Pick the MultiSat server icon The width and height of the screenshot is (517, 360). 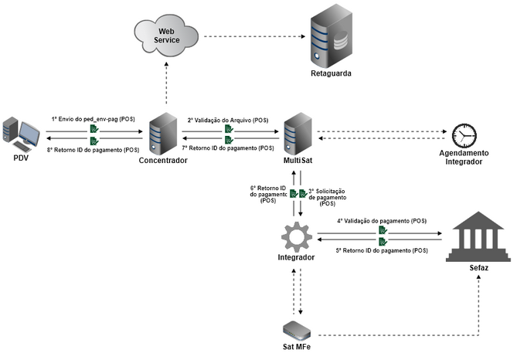[298, 132]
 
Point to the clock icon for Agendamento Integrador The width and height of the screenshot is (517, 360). [465, 135]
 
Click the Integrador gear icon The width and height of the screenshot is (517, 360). [297, 233]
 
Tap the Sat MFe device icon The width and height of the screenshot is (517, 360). [298, 329]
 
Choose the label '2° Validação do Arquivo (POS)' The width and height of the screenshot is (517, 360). [228, 120]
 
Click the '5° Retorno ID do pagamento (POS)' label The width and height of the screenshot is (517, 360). [381, 250]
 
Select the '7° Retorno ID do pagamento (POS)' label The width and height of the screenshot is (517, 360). [228, 147]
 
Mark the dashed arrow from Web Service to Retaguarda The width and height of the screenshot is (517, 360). [251, 36]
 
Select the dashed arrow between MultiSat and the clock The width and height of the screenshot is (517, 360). [379, 133]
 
